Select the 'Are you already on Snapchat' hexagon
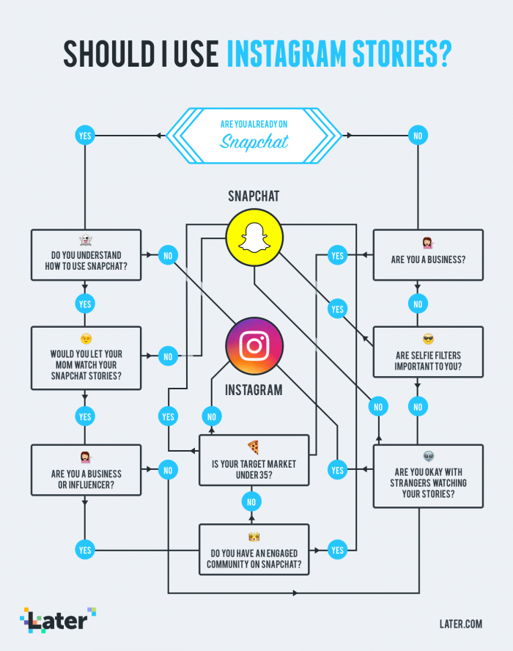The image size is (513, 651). [x=254, y=135]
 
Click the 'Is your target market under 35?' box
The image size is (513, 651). [x=254, y=460]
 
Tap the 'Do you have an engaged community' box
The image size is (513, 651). [x=254, y=549]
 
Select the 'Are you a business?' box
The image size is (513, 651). [x=428, y=254]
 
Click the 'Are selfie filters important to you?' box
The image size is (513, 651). [x=428, y=352]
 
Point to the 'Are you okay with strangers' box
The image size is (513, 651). [x=428, y=476]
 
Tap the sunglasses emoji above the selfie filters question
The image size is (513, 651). [x=428, y=339]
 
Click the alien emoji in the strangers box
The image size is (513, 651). [x=428, y=456]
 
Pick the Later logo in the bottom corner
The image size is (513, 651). [x=58, y=620]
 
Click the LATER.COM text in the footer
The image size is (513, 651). [x=460, y=624]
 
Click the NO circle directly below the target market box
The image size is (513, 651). [x=251, y=502]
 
